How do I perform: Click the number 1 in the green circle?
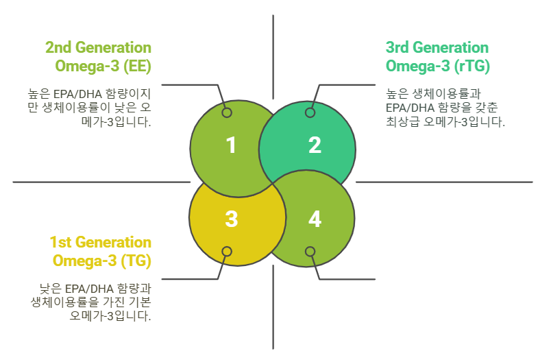click(231, 145)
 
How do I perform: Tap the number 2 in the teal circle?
click(315, 145)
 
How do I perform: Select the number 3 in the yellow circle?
click(231, 219)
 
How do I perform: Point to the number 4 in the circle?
click(315, 219)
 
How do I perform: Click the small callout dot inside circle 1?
click(227, 112)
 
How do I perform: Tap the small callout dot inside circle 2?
click(310, 112)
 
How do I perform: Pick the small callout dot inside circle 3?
click(227, 252)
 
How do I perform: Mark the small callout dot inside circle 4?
click(310, 252)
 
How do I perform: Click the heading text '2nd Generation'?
click(98, 48)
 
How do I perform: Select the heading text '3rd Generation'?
click(437, 48)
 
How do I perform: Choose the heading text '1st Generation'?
click(100, 243)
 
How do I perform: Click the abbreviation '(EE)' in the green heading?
click(135, 67)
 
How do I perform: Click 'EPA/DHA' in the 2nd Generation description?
click(84, 92)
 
